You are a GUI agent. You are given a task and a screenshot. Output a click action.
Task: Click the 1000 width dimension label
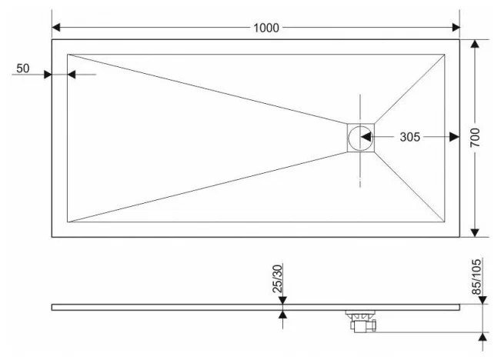(x=266, y=28)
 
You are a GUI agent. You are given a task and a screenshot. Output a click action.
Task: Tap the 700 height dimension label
(x=475, y=138)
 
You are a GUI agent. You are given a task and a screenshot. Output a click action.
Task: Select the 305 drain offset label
(x=409, y=137)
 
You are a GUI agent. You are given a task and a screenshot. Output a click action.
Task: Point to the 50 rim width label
(x=22, y=68)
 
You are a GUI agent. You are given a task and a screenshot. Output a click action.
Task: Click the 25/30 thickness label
(x=278, y=279)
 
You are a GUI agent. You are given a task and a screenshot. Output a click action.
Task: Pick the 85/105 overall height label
(x=476, y=277)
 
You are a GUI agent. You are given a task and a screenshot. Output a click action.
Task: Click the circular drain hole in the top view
(x=360, y=138)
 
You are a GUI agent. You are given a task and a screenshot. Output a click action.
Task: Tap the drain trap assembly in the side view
(x=361, y=321)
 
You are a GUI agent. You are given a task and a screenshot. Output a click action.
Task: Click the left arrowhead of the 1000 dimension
(x=56, y=28)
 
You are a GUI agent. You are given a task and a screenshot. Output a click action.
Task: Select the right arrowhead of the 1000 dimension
(x=456, y=28)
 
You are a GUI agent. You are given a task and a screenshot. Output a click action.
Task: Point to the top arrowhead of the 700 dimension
(x=475, y=44)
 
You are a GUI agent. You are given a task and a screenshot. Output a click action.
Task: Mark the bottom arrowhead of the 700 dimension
(x=475, y=233)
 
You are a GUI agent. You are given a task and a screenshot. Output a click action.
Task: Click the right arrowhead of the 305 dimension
(x=455, y=137)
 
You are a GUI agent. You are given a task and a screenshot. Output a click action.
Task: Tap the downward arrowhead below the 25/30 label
(x=282, y=300)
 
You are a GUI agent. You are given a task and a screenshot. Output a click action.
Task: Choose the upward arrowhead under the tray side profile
(x=282, y=315)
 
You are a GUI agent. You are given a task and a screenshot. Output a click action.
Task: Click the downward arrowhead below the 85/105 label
(x=483, y=300)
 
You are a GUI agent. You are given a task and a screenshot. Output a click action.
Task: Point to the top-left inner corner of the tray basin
(x=68, y=55)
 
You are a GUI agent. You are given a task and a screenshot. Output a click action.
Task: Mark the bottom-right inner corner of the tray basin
(x=445, y=222)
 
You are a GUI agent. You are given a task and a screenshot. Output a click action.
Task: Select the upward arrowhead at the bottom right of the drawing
(x=483, y=336)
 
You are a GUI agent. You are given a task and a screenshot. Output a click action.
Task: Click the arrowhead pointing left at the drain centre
(x=366, y=137)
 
